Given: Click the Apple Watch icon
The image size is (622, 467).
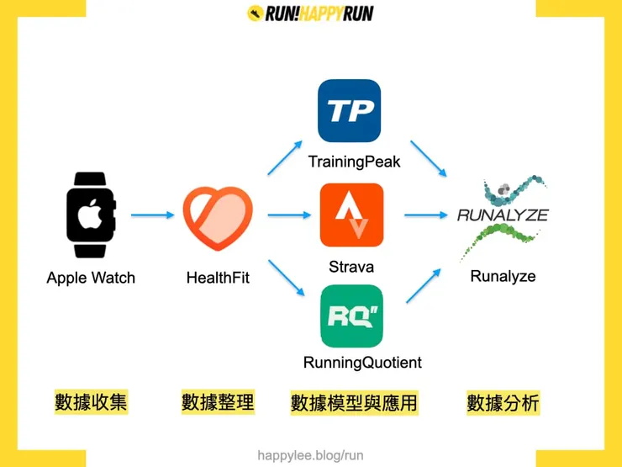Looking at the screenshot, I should (x=91, y=215).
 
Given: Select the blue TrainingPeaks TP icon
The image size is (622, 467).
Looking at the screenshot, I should (x=349, y=111).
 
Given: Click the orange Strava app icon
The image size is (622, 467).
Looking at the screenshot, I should (x=351, y=215).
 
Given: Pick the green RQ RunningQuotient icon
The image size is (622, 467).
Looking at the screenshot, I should (x=351, y=316).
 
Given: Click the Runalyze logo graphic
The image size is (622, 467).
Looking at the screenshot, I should (x=503, y=216).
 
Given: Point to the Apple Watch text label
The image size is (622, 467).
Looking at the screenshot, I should (x=91, y=278).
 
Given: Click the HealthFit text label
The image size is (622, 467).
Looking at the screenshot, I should (x=218, y=278).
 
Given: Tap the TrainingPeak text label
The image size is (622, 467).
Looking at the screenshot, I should (x=354, y=162).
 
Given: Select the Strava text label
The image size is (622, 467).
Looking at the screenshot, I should (x=351, y=268).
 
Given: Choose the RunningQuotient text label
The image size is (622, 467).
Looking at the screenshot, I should (x=362, y=363).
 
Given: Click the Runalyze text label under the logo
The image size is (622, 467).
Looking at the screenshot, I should (x=503, y=276).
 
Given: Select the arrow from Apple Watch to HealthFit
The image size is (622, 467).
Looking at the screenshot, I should (x=152, y=215).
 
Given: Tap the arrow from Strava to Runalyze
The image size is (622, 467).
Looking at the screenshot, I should (x=425, y=215).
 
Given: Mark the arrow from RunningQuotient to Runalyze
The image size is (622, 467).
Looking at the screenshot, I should (x=424, y=286).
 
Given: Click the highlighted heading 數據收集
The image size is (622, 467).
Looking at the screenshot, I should (x=91, y=402).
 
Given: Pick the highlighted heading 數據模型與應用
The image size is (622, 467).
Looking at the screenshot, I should (x=354, y=403).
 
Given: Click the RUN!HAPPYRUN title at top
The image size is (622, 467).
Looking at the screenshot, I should (x=310, y=13).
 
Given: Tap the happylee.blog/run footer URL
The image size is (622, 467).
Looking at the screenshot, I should (x=310, y=455).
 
